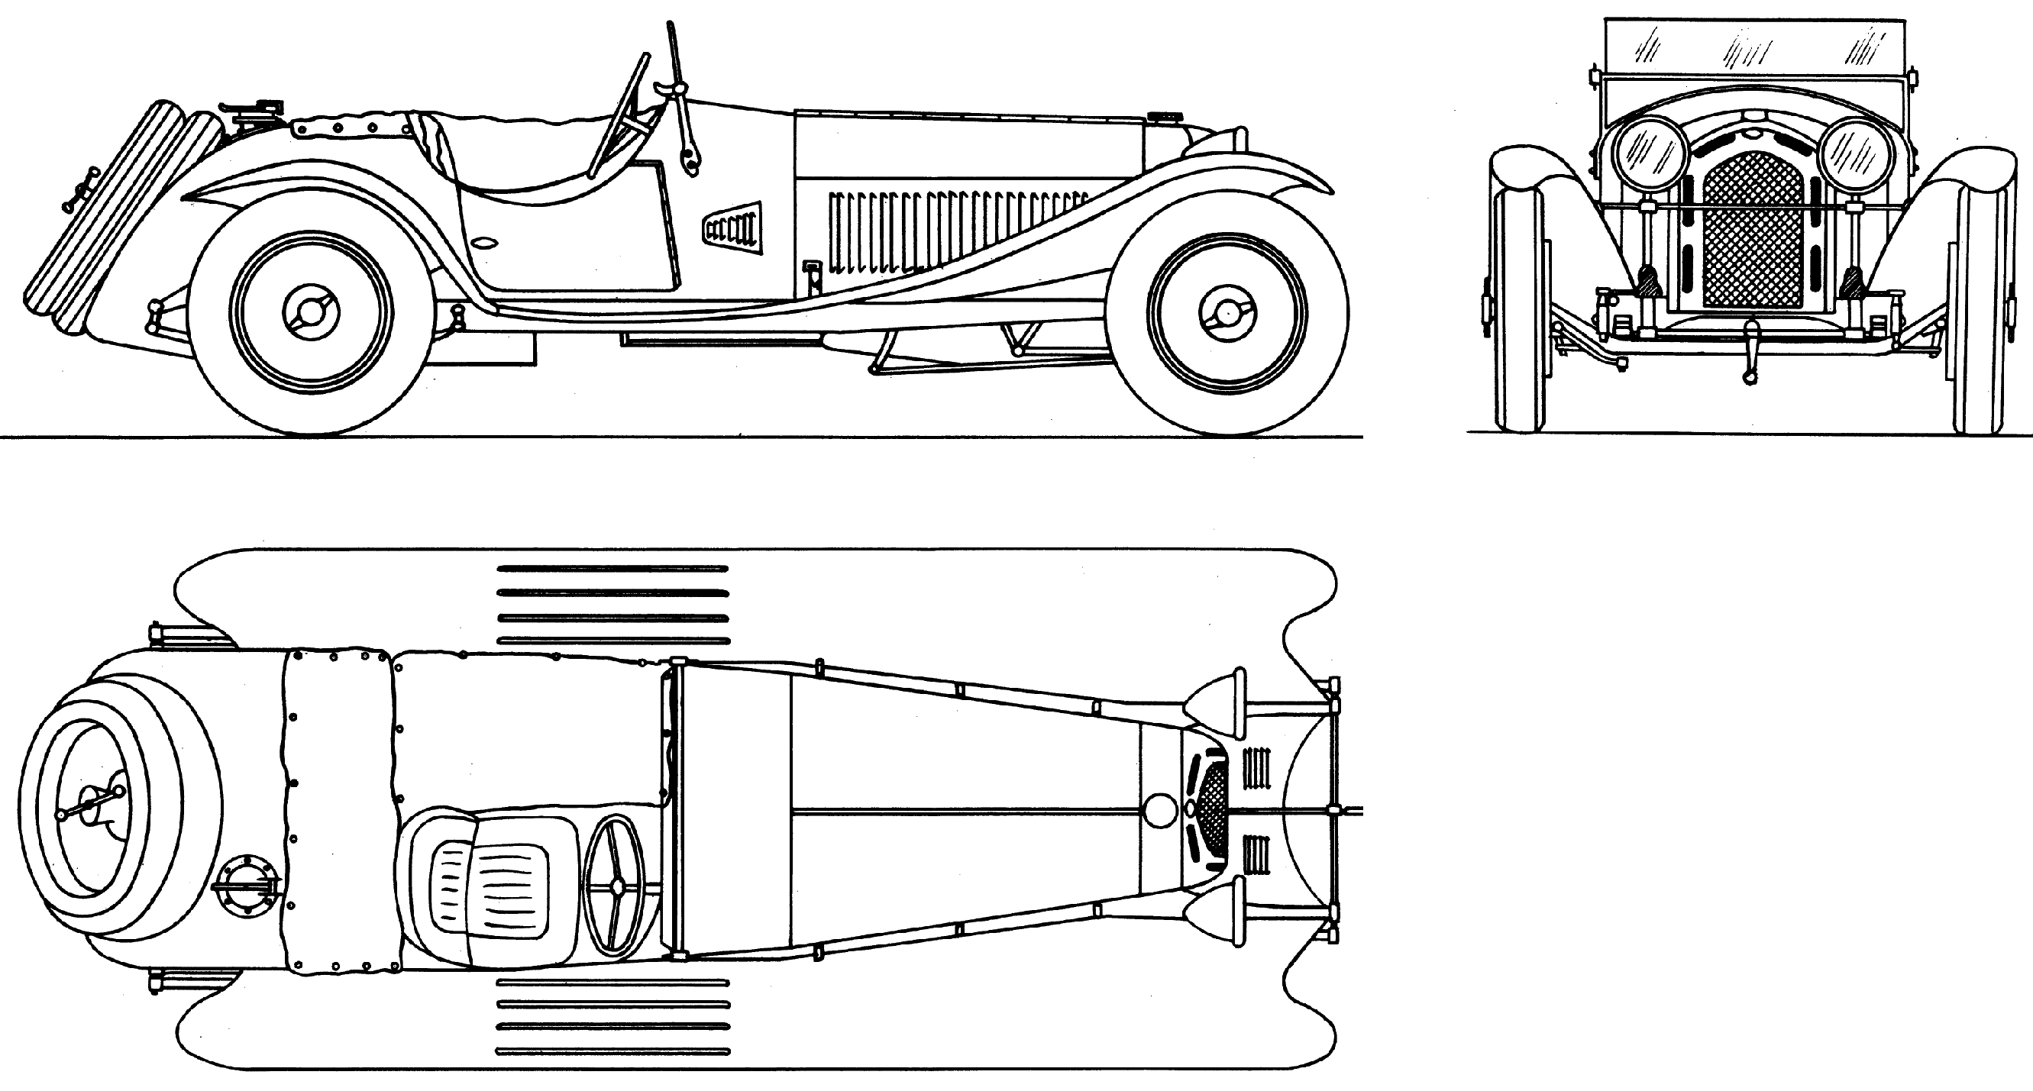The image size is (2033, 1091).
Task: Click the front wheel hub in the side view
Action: [x=1227, y=313]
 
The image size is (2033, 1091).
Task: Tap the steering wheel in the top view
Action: [x=615, y=886]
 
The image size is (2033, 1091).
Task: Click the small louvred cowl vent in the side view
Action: [x=732, y=228]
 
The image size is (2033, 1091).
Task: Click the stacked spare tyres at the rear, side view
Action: [x=111, y=213]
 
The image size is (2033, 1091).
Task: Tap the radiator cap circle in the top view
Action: [x=1159, y=811]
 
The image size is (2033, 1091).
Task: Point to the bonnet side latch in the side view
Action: [x=811, y=276]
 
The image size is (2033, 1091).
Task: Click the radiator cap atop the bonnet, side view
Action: [x=1163, y=118]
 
